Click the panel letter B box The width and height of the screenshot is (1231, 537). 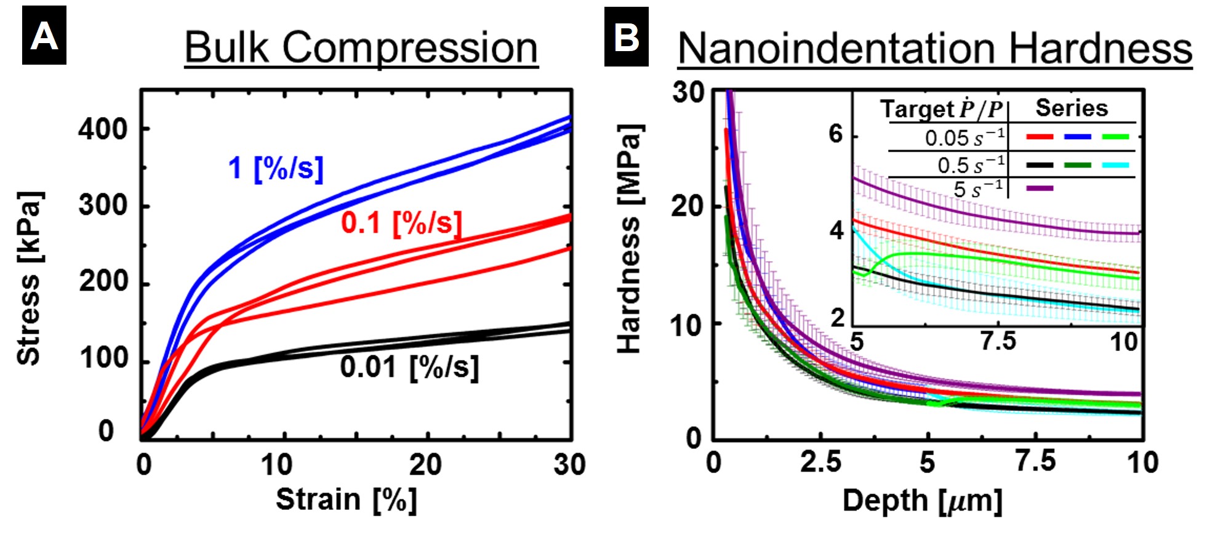coord(626,37)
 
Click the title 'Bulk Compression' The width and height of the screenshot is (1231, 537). coord(361,48)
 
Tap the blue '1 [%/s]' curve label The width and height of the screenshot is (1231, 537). coord(276,168)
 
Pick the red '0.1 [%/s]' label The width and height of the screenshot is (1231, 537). coord(401,222)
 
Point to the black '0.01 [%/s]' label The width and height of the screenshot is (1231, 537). coord(409,367)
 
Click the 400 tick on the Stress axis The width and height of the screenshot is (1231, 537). coord(103,129)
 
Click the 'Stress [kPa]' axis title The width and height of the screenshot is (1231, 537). coord(29,278)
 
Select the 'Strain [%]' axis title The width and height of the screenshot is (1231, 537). coord(346,499)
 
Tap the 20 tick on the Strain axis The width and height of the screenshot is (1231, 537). coord(426,464)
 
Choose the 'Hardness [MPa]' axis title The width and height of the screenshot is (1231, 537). coord(629,239)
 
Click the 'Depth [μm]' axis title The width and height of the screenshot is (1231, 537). coord(922,501)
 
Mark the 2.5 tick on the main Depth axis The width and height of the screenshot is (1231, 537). coord(821,462)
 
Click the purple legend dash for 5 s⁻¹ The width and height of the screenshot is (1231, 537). coord(1040,188)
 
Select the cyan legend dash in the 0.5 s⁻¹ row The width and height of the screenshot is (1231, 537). coord(1116,165)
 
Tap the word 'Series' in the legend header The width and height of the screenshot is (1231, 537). coord(1072,108)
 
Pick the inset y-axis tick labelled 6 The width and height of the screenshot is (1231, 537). coord(835,134)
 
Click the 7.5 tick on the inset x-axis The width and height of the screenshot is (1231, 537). coord(998,341)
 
